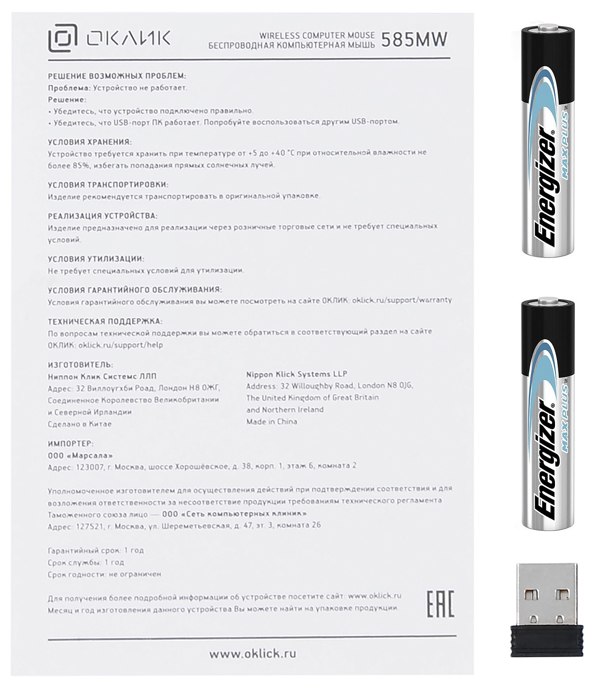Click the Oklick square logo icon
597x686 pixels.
click(x=63, y=38)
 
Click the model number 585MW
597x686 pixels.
click(x=414, y=40)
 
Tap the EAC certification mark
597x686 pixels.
click(x=440, y=604)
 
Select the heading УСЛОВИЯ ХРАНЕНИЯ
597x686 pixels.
click(x=90, y=142)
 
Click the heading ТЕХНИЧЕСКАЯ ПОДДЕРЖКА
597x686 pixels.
click(x=105, y=322)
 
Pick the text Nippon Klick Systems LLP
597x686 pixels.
click(x=296, y=374)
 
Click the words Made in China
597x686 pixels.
click(x=272, y=422)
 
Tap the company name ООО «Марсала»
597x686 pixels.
click(x=80, y=456)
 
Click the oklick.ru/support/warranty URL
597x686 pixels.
click(x=402, y=300)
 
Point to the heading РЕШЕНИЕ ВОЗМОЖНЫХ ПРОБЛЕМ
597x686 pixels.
click(x=117, y=76)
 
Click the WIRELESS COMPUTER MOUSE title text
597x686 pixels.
click(x=317, y=35)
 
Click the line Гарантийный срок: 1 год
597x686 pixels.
click(x=95, y=550)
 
